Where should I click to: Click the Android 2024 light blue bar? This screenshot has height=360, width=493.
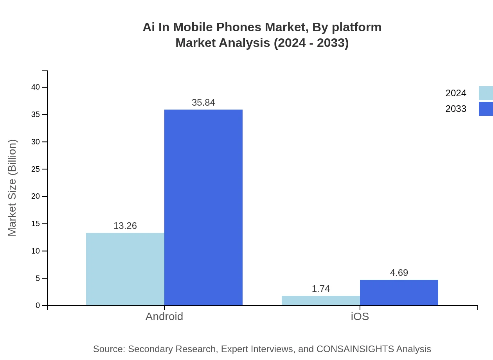click(125, 269)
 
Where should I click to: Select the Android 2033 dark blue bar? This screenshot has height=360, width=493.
click(203, 207)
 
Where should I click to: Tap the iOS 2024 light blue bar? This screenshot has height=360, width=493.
click(321, 301)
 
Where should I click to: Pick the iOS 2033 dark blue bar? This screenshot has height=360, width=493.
click(399, 292)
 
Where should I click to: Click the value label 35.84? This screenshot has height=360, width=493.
click(203, 103)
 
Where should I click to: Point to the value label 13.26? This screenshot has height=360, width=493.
click(125, 226)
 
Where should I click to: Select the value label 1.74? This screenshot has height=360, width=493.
click(321, 289)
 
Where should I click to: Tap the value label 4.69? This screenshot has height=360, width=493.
click(399, 273)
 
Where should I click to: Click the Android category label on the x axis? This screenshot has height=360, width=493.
click(164, 316)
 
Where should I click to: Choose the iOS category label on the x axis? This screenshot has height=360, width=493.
click(360, 316)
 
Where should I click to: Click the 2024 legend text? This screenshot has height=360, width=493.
click(456, 93)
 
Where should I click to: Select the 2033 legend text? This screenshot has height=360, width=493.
click(456, 109)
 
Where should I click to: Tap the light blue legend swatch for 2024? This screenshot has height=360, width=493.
click(486, 93)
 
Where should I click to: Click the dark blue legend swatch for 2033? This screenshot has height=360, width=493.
click(486, 109)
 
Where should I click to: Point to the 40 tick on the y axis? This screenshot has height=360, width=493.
click(36, 87)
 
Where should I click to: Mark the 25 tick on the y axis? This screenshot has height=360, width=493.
click(36, 169)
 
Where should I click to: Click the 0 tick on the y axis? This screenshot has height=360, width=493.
click(38, 305)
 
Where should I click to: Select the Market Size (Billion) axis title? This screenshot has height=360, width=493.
click(12, 188)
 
